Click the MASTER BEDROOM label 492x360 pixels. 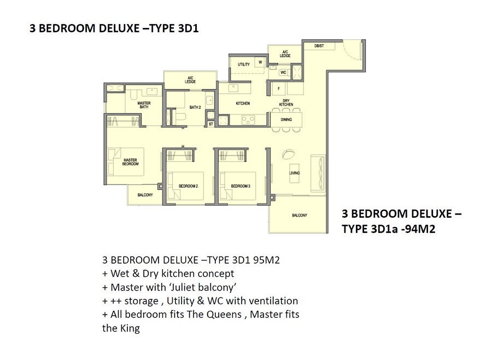pyautogui.click(x=130, y=162)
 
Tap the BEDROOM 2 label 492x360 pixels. pyautogui.click(x=188, y=186)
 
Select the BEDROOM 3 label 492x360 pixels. pyautogui.click(x=241, y=186)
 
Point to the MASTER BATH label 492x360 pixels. pyautogui.click(x=144, y=105)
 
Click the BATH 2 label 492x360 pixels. pyautogui.click(x=195, y=107)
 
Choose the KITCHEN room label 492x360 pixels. pyautogui.click(x=243, y=103)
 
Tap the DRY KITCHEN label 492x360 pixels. pyautogui.click(x=286, y=102)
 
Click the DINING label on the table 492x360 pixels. pyautogui.click(x=286, y=119)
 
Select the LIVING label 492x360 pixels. pyautogui.click(x=295, y=173)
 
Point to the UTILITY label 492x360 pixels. pyautogui.click(x=244, y=65)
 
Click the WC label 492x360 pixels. pyautogui.click(x=283, y=73)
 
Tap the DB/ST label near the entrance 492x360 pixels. pyautogui.click(x=319, y=46)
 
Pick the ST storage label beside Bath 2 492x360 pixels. pyautogui.click(x=211, y=124)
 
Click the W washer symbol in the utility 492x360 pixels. pyautogui.click(x=260, y=62)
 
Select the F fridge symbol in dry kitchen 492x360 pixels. pyautogui.click(x=279, y=89)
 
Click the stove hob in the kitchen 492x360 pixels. pyautogui.click(x=248, y=119)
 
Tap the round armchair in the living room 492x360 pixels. pyautogui.click(x=288, y=154)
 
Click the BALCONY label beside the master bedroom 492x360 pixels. pyautogui.click(x=145, y=195)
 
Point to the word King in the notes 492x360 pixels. pyautogui.click(x=130, y=329)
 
